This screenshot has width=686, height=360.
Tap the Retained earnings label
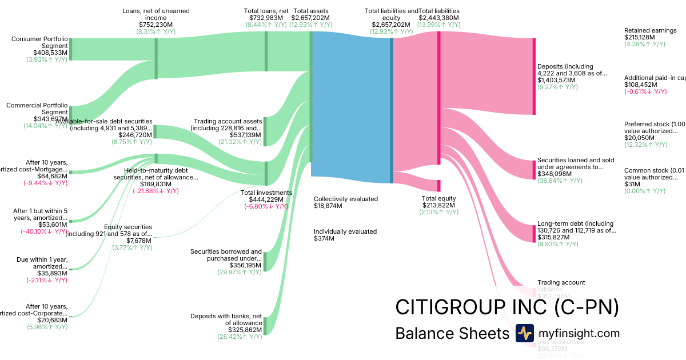tap(650, 31)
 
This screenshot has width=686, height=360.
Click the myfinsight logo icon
tap(524, 333)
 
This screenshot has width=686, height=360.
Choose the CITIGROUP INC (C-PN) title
tap(507, 307)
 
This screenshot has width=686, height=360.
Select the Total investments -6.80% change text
tap(266, 206)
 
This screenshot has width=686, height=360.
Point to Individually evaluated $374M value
tap(324, 238)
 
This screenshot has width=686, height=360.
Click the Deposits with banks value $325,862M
tap(243, 330)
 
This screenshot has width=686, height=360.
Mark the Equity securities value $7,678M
tap(139, 241)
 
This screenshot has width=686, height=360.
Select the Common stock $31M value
tap(632, 184)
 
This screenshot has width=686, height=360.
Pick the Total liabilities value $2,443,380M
tap(438, 18)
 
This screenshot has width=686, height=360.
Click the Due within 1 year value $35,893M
tap(48, 273)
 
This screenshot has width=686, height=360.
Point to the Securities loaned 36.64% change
tap(560, 181)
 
